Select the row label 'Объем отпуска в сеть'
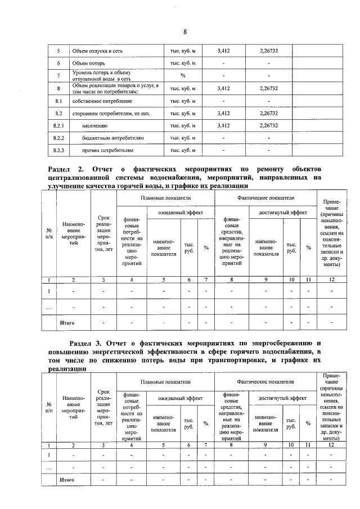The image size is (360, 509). pos(97,51)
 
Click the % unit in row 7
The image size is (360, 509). pos(182,76)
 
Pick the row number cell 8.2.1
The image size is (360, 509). pos(58,125)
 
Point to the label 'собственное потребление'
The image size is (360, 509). pos(102,101)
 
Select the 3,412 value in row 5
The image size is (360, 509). pos(223,51)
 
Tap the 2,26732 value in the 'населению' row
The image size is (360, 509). pos(269,125)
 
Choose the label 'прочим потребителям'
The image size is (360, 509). pos(107,150)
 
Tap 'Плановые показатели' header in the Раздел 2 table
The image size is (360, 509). pos(165,199)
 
